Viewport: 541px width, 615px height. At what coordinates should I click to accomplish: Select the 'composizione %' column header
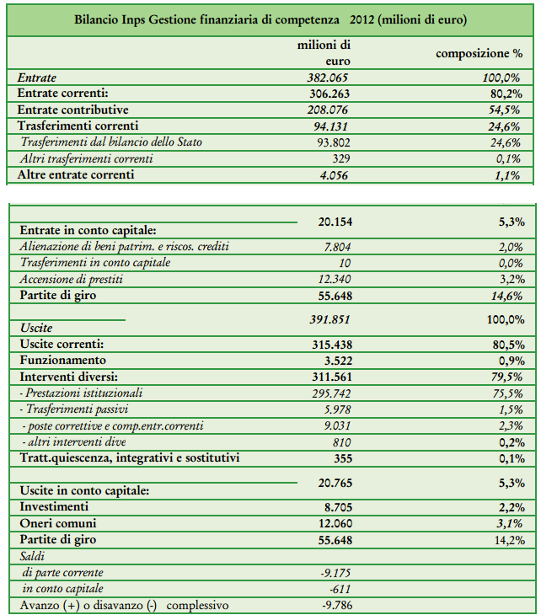pos(479,53)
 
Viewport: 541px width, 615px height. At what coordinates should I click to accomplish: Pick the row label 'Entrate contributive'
pos(73,110)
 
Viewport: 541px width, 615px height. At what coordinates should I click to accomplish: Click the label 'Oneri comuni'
pos(56,523)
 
